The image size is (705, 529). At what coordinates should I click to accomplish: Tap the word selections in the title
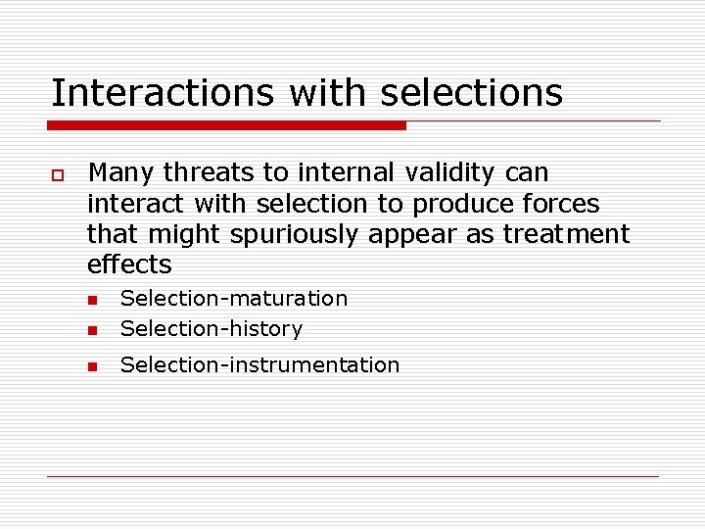click(x=471, y=93)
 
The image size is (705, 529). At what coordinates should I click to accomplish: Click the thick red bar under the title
click(x=227, y=125)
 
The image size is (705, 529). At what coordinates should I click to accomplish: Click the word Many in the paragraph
click(x=121, y=173)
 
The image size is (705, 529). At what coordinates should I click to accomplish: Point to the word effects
click(x=129, y=264)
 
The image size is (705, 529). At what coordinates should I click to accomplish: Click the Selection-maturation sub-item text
click(x=233, y=298)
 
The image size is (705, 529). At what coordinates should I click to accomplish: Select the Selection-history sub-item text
click(x=211, y=328)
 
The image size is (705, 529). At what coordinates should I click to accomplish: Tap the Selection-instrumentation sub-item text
click(x=259, y=365)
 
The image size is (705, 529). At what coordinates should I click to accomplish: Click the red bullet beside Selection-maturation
click(x=92, y=300)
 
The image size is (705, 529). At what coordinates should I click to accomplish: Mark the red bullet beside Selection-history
click(x=92, y=329)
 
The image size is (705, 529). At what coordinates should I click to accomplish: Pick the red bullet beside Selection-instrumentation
click(x=92, y=366)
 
